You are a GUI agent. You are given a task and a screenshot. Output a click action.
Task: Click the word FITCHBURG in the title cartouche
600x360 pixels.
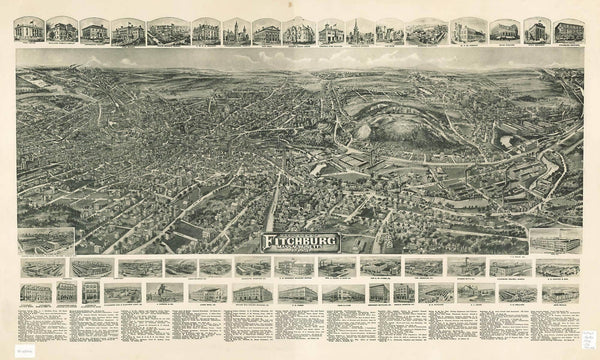[x=299, y=240]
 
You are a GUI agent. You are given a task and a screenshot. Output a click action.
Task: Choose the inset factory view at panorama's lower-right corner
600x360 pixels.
[x=553, y=241]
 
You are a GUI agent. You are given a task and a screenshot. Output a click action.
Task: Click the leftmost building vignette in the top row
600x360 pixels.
[x=34, y=30]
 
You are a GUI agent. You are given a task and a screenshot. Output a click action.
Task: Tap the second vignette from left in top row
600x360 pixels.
[x=63, y=30]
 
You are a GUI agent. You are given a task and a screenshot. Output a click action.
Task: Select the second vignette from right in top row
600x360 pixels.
[x=536, y=30]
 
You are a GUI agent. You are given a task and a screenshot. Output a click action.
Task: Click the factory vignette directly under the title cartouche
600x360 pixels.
[x=299, y=267]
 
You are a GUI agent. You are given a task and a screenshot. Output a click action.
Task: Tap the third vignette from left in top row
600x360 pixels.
[x=94, y=30]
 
